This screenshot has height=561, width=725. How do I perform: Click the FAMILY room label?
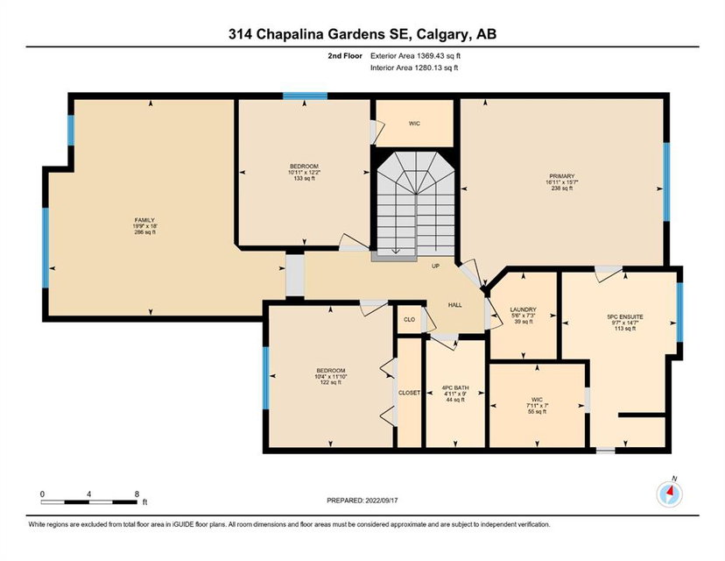click(x=144, y=220)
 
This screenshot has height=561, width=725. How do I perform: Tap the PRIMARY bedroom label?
click(x=562, y=176)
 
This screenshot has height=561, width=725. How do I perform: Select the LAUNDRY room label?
click(x=523, y=309)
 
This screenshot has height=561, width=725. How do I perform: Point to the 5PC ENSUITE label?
click(x=625, y=317)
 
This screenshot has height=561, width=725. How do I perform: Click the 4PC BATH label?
click(x=455, y=388)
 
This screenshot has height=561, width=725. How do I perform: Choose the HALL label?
click(x=455, y=305)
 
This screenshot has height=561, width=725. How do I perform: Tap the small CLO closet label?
click(x=409, y=319)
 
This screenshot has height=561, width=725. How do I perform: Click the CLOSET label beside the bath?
click(x=409, y=393)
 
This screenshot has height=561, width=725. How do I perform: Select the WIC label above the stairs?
click(x=414, y=124)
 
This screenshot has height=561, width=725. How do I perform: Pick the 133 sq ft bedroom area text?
click(x=304, y=178)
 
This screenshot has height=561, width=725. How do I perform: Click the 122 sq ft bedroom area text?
click(x=331, y=382)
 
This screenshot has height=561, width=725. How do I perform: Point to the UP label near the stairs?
click(x=435, y=266)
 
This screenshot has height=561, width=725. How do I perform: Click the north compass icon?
click(x=670, y=494)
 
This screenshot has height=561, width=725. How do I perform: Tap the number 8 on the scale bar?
click(x=137, y=494)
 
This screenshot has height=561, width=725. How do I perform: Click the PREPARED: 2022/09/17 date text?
click(x=362, y=501)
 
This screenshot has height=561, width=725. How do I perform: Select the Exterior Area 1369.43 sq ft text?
click(x=415, y=56)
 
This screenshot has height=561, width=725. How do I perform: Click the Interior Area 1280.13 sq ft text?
click(x=414, y=68)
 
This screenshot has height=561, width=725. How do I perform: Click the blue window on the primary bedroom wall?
click(x=666, y=182)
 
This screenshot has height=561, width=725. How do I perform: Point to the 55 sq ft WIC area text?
click(x=537, y=411)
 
